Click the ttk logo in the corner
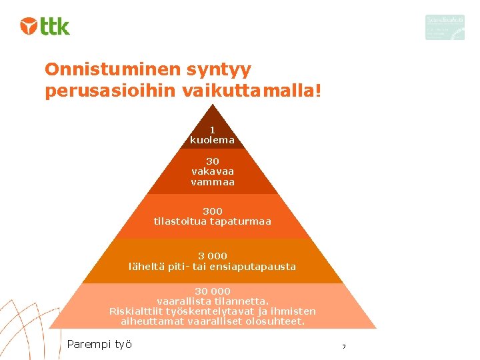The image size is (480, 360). click(x=45, y=26)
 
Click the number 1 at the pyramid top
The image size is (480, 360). click(x=212, y=130)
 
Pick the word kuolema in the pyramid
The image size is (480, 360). click(x=212, y=140)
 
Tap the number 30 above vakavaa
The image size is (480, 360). click(x=212, y=161)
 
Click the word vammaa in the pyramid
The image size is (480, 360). click(x=213, y=182)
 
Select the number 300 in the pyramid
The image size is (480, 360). click(x=213, y=211)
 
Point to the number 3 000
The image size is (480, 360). click(x=213, y=256)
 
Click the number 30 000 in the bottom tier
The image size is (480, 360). click(x=213, y=291)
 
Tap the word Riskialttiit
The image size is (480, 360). click(x=138, y=311)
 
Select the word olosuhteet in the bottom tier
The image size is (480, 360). click(x=275, y=321)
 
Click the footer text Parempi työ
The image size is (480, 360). click(x=99, y=344)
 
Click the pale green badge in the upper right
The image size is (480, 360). click(x=445, y=27)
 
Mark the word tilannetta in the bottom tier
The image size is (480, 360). click(x=243, y=301)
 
